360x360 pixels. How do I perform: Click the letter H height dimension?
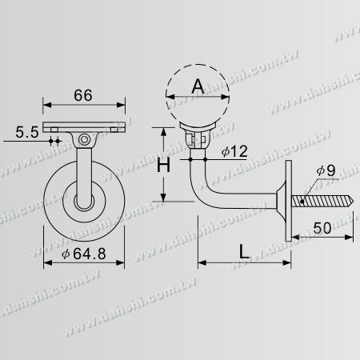[x=163, y=166]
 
